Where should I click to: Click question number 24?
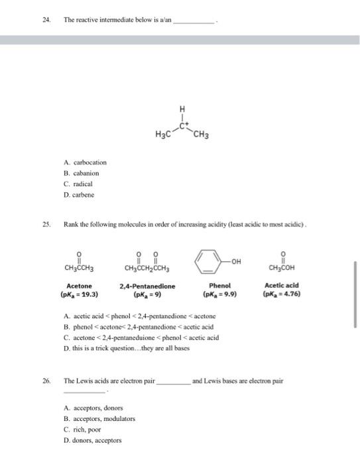[45, 21]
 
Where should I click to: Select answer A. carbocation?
[85, 162]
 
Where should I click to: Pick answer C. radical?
[78, 184]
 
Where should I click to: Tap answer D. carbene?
[79, 196]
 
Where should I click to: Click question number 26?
[45, 381]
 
